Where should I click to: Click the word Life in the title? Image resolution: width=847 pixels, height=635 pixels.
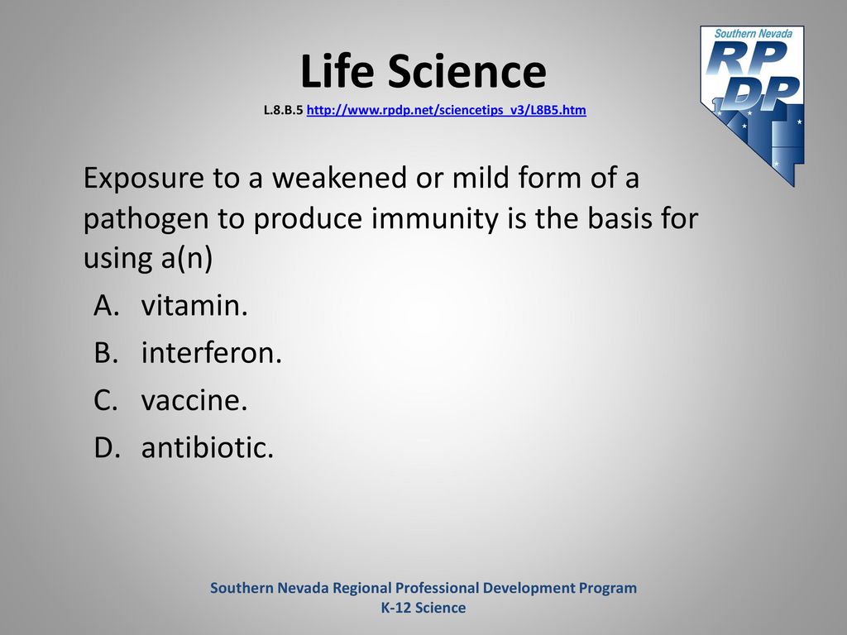coord(337,71)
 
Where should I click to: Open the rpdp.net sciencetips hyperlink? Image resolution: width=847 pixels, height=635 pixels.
coord(446,110)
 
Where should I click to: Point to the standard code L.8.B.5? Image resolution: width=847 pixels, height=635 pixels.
coord(283,110)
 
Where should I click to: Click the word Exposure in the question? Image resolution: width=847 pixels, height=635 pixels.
coord(144,179)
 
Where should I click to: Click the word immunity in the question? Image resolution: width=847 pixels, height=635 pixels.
coord(434,218)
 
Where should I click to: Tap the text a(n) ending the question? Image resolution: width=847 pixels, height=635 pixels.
coord(187,258)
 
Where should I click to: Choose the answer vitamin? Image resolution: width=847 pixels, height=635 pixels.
coord(194,305)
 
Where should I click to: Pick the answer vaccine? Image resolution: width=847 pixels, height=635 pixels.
coord(194,400)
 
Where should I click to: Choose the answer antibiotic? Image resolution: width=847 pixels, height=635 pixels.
coord(208,447)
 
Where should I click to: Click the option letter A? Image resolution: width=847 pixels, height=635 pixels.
coord(106,306)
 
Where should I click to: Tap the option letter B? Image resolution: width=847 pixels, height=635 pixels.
coord(106,353)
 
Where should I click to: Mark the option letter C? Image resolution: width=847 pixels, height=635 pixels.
coord(106,401)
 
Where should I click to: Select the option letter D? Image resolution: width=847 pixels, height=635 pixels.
coord(107,448)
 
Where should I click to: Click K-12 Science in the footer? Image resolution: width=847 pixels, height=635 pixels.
coord(423,608)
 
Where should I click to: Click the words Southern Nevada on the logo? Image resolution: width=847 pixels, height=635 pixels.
coord(753,33)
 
